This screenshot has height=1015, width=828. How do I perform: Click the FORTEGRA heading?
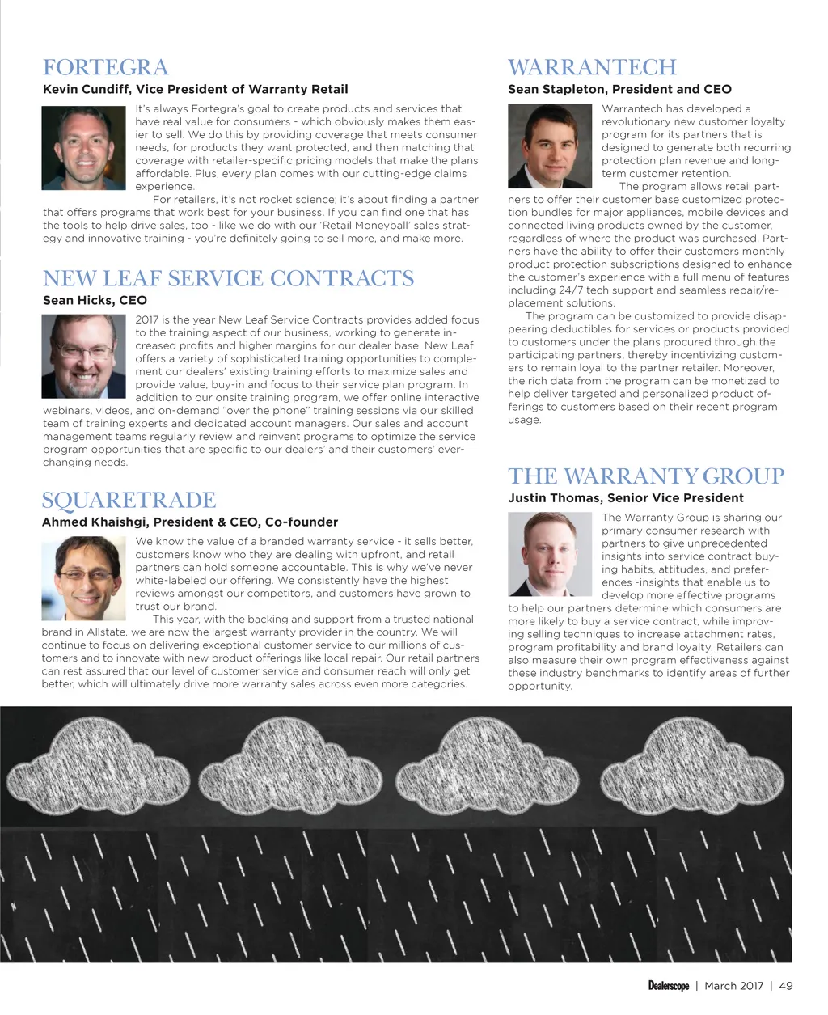point(105,67)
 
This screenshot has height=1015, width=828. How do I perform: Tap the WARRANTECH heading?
point(592,67)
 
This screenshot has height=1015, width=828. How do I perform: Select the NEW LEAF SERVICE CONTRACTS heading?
point(228,278)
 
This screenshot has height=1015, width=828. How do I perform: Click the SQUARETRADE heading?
point(129,500)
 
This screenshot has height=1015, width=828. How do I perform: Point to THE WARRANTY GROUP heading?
point(646,476)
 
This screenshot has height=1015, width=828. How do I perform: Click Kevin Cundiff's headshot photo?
point(84,149)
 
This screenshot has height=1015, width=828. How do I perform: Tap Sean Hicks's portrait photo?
point(84,356)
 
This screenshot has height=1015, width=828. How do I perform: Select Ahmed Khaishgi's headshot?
point(84,577)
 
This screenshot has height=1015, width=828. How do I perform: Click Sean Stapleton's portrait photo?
point(550,146)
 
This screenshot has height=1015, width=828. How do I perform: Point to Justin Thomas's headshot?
point(550,554)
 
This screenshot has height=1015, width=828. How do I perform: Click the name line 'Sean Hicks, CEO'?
point(95,300)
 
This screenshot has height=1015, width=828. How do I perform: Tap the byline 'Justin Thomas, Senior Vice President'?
point(625,498)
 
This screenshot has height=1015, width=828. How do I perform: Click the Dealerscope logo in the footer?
point(668,986)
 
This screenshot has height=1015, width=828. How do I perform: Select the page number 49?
point(786,986)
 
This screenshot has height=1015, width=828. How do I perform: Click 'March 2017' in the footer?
point(733,986)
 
